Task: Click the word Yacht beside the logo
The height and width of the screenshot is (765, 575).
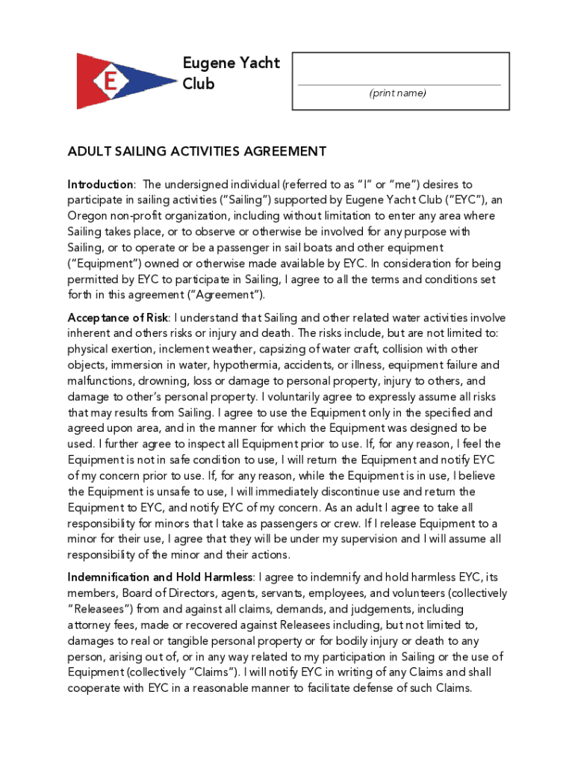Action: tap(255, 64)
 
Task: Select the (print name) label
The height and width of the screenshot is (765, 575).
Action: tap(398, 93)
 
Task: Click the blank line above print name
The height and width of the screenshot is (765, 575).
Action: tap(400, 84)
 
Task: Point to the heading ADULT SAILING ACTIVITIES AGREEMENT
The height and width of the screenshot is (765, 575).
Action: tap(197, 152)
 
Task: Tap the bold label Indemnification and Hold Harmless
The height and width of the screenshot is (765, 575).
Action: tap(161, 577)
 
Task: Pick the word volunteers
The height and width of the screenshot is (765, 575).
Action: tap(402, 594)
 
